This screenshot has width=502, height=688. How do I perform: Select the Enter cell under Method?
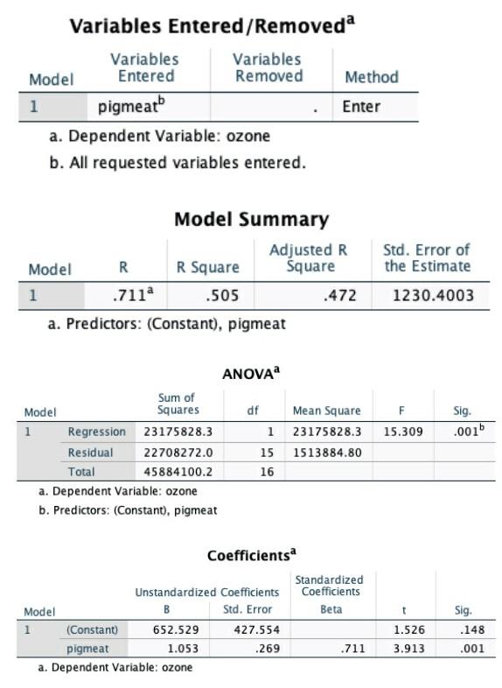(360, 108)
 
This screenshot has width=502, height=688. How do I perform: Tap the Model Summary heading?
(251, 219)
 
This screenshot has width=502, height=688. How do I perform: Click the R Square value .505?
(222, 295)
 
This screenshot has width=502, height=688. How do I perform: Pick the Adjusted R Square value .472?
(340, 295)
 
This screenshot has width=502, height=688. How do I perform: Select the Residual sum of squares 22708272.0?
(178, 452)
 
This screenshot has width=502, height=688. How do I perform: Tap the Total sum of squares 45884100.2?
(178, 472)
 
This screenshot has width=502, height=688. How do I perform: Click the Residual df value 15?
(268, 452)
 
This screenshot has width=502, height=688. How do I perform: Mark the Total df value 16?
(268, 472)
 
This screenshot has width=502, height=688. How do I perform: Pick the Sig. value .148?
(461, 629)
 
